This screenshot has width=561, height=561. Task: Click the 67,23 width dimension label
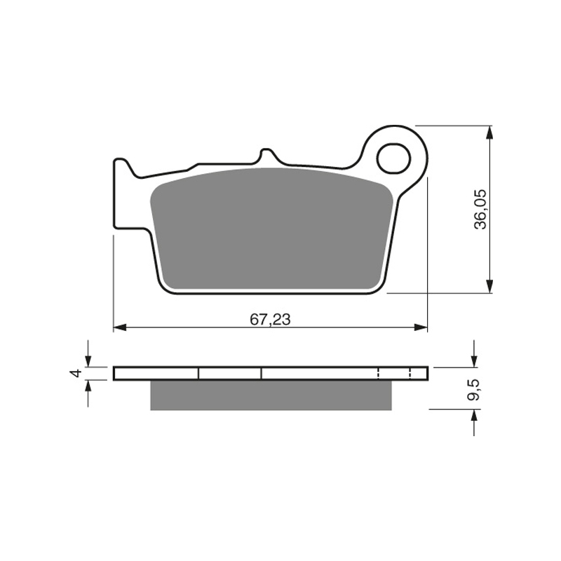[x=270, y=319]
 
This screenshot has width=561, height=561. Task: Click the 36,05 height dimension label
[x=480, y=210]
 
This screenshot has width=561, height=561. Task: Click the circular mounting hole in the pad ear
[x=393, y=158]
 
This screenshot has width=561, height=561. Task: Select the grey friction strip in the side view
[x=270, y=396]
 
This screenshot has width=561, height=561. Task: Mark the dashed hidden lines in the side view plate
[x=379, y=373]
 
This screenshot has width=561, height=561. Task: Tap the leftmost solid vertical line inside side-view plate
[x=199, y=373]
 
